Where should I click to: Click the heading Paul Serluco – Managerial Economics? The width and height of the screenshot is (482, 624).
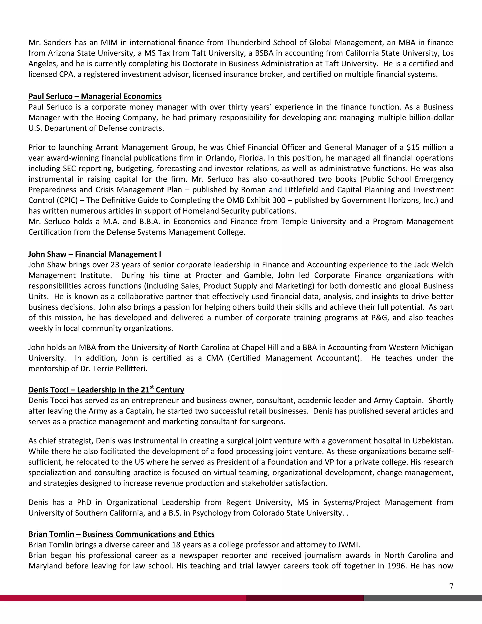click(x=95, y=96)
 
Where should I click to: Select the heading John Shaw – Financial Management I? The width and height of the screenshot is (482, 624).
click(x=95, y=254)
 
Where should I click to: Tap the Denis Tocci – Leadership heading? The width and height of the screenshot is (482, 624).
click(x=106, y=390)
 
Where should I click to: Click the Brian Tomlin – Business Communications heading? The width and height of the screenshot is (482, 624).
click(x=121, y=534)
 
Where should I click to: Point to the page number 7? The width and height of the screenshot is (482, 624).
click(x=451, y=586)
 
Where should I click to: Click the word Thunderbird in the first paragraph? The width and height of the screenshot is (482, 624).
click(x=249, y=43)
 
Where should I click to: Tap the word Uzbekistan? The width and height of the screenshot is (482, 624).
click(x=432, y=441)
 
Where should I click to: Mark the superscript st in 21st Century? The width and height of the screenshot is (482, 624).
click(x=152, y=387)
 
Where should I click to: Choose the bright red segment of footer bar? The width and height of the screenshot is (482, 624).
click(x=123, y=598)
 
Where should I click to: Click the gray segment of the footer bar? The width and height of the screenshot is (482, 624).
click(x=423, y=598)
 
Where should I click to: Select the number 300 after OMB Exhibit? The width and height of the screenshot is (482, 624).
click(x=279, y=200)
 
